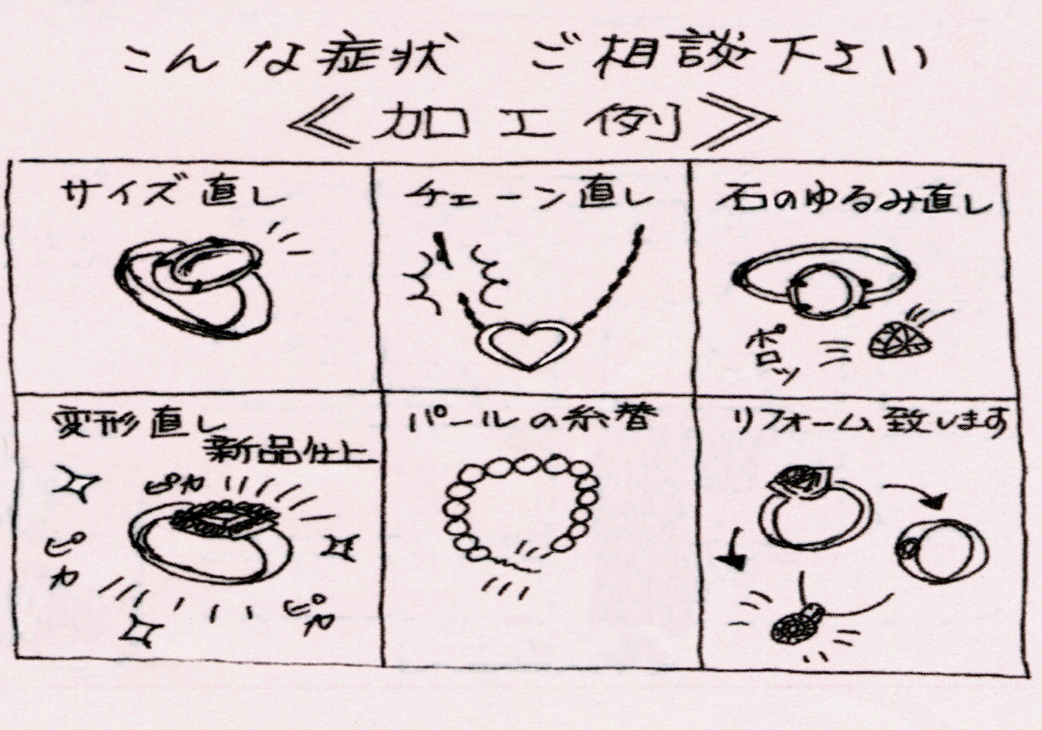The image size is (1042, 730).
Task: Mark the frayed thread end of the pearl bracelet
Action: click(518, 563)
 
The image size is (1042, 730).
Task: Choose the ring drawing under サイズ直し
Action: click(195, 288)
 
